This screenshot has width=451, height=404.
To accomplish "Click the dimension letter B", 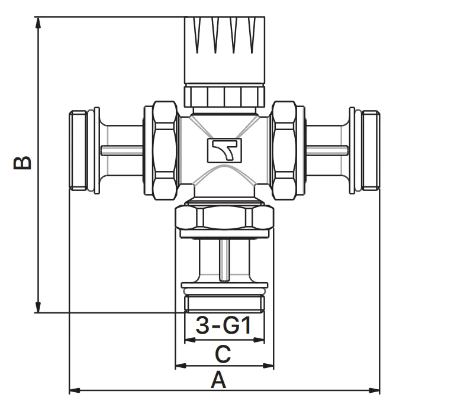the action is click(x=22, y=163).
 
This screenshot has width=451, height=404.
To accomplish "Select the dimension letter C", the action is click(x=223, y=354).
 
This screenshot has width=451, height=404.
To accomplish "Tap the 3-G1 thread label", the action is click(x=223, y=325).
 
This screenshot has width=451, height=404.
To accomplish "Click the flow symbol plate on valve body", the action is click(x=225, y=150).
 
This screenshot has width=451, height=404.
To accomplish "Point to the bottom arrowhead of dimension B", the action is click(x=38, y=307).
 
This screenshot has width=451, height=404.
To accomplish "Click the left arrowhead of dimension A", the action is click(x=75, y=390).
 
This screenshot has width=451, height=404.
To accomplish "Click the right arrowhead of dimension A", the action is click(x=374, y=390).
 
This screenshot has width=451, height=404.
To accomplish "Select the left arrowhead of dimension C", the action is click(x=181, y=366).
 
